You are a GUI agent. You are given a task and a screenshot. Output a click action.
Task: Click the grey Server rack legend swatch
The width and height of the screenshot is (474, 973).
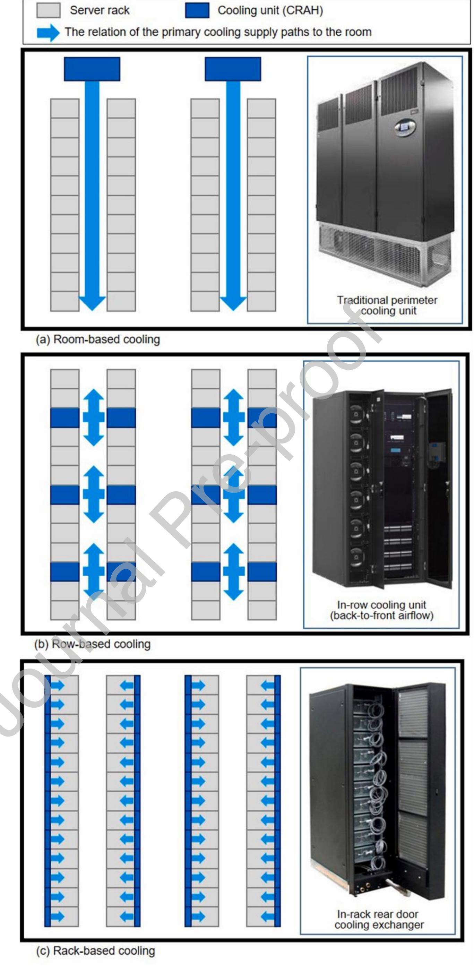[x=48, y=10]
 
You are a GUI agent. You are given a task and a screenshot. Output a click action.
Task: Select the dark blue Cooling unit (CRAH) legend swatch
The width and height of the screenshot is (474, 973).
[x=197, y=10]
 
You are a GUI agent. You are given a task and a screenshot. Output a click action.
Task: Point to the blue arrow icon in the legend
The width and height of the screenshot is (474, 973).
[x=48, y=33]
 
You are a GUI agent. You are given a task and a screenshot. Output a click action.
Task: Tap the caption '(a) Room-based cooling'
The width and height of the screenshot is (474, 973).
[x=98, y=339]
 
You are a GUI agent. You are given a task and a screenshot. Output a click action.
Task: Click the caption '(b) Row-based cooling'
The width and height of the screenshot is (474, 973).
[x=93, y=644]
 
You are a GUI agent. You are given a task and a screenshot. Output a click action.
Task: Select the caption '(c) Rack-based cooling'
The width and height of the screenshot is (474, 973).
[x=96, y=950]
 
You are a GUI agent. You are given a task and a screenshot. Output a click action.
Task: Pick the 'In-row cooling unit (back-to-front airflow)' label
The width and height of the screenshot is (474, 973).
[x=381, y=610]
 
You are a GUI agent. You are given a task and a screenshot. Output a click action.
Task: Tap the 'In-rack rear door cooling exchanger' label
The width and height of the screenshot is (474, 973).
[x=379, y=919]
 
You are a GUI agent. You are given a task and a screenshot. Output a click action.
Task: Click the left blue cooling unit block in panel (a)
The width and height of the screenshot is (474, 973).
[x=92, y=69]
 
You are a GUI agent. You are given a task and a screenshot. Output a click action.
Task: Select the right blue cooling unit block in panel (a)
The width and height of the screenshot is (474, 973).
[x=233, y=69]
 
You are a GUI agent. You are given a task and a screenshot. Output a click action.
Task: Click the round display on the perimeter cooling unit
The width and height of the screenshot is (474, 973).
[x=405, y=127]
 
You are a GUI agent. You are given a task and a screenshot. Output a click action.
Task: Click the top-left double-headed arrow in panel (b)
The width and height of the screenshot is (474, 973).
[x=93, y=417]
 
